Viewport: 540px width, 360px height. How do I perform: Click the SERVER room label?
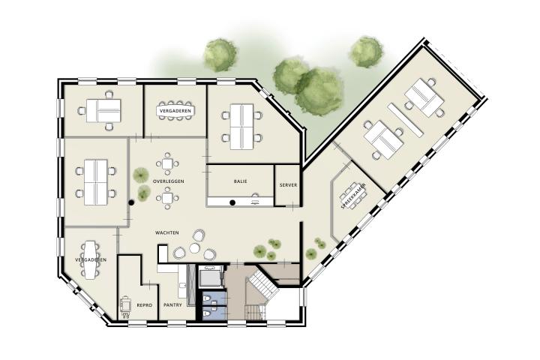click(x=288, y=185)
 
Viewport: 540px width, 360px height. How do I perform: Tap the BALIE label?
click(x=241, y=181)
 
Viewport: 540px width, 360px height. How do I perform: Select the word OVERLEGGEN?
click(x=169, y=181)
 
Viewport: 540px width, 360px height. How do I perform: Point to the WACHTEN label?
click(x=167, y=233)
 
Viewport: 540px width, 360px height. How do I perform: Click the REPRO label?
click(x=144, y=305)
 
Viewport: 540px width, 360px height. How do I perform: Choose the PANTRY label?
click(x=172, y=305)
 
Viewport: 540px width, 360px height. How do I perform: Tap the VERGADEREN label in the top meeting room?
click(x=175, y=111)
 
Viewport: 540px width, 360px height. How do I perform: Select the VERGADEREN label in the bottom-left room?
click(x=91, y=259)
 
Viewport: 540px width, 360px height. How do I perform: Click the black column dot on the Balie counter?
click(x=232, y=202)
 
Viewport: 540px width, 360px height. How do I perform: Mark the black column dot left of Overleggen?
click(x=130, y=203)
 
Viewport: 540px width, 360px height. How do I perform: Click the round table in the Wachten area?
click(x=194, y=247)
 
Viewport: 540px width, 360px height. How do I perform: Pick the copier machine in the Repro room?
click(x=125, y=306)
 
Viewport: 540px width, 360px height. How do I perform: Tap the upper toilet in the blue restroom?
click(x=207, y=299)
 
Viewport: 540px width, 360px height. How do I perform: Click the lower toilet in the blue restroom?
click(x=207, y=313)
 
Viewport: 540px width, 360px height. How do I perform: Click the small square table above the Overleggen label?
click(x=167, y=163)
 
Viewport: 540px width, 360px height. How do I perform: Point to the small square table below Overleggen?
click(x=167, y=198)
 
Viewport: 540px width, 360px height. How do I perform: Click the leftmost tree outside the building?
click(x=220, y=55)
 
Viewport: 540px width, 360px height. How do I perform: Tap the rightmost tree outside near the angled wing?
click(x=367, y=52)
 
